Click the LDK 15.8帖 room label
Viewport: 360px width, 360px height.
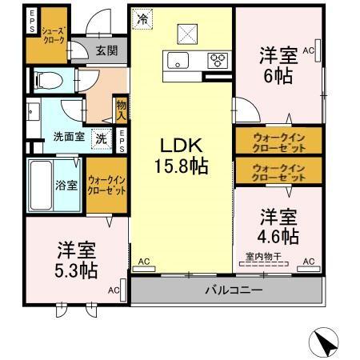[182, 155]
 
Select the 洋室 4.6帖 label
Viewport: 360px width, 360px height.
[278, 226]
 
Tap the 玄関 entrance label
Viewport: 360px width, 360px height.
[107, 50]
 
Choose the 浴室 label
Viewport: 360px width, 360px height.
[66, 185]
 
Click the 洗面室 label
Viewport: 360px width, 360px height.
[69, 136]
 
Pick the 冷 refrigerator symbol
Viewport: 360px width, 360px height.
[142, 18]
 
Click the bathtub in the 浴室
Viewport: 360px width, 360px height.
[41, 185]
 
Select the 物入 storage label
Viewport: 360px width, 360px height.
[121, 109]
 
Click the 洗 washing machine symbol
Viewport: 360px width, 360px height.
[102, 137]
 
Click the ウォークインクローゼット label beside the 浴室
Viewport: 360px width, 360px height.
[106, 186]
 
